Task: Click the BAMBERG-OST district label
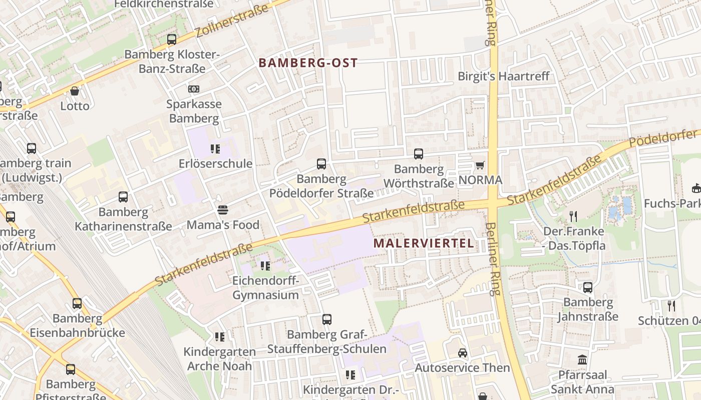click(x=308, y=63)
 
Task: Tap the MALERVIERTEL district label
click(x=424, y=243)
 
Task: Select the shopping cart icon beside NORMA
click(x=480, y=165)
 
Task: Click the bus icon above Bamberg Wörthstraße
click(x=418, y=154)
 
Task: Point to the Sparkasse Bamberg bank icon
click(x=194, y=89)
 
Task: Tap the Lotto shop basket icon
click(x=75, y=91)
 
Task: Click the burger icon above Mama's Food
click(x=223, y=209)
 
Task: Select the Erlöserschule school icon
click(x=215, y=148)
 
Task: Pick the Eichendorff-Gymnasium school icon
click(x=265, y=265)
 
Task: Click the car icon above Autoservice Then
click(x=462, y=353)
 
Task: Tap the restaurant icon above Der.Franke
click(x=573, y=216)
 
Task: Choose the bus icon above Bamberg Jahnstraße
click(x=588, y=287)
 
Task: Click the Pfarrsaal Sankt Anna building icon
click(x=582, y=359)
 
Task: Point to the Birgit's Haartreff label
click(x=504, y=76)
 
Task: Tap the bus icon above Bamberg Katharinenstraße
click(x=123, y=197)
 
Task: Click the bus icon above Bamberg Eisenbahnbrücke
click(x=77, y=303)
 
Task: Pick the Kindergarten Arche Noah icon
click(x=219, y=337)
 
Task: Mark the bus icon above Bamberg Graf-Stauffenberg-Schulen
click(x=327, y=319)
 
